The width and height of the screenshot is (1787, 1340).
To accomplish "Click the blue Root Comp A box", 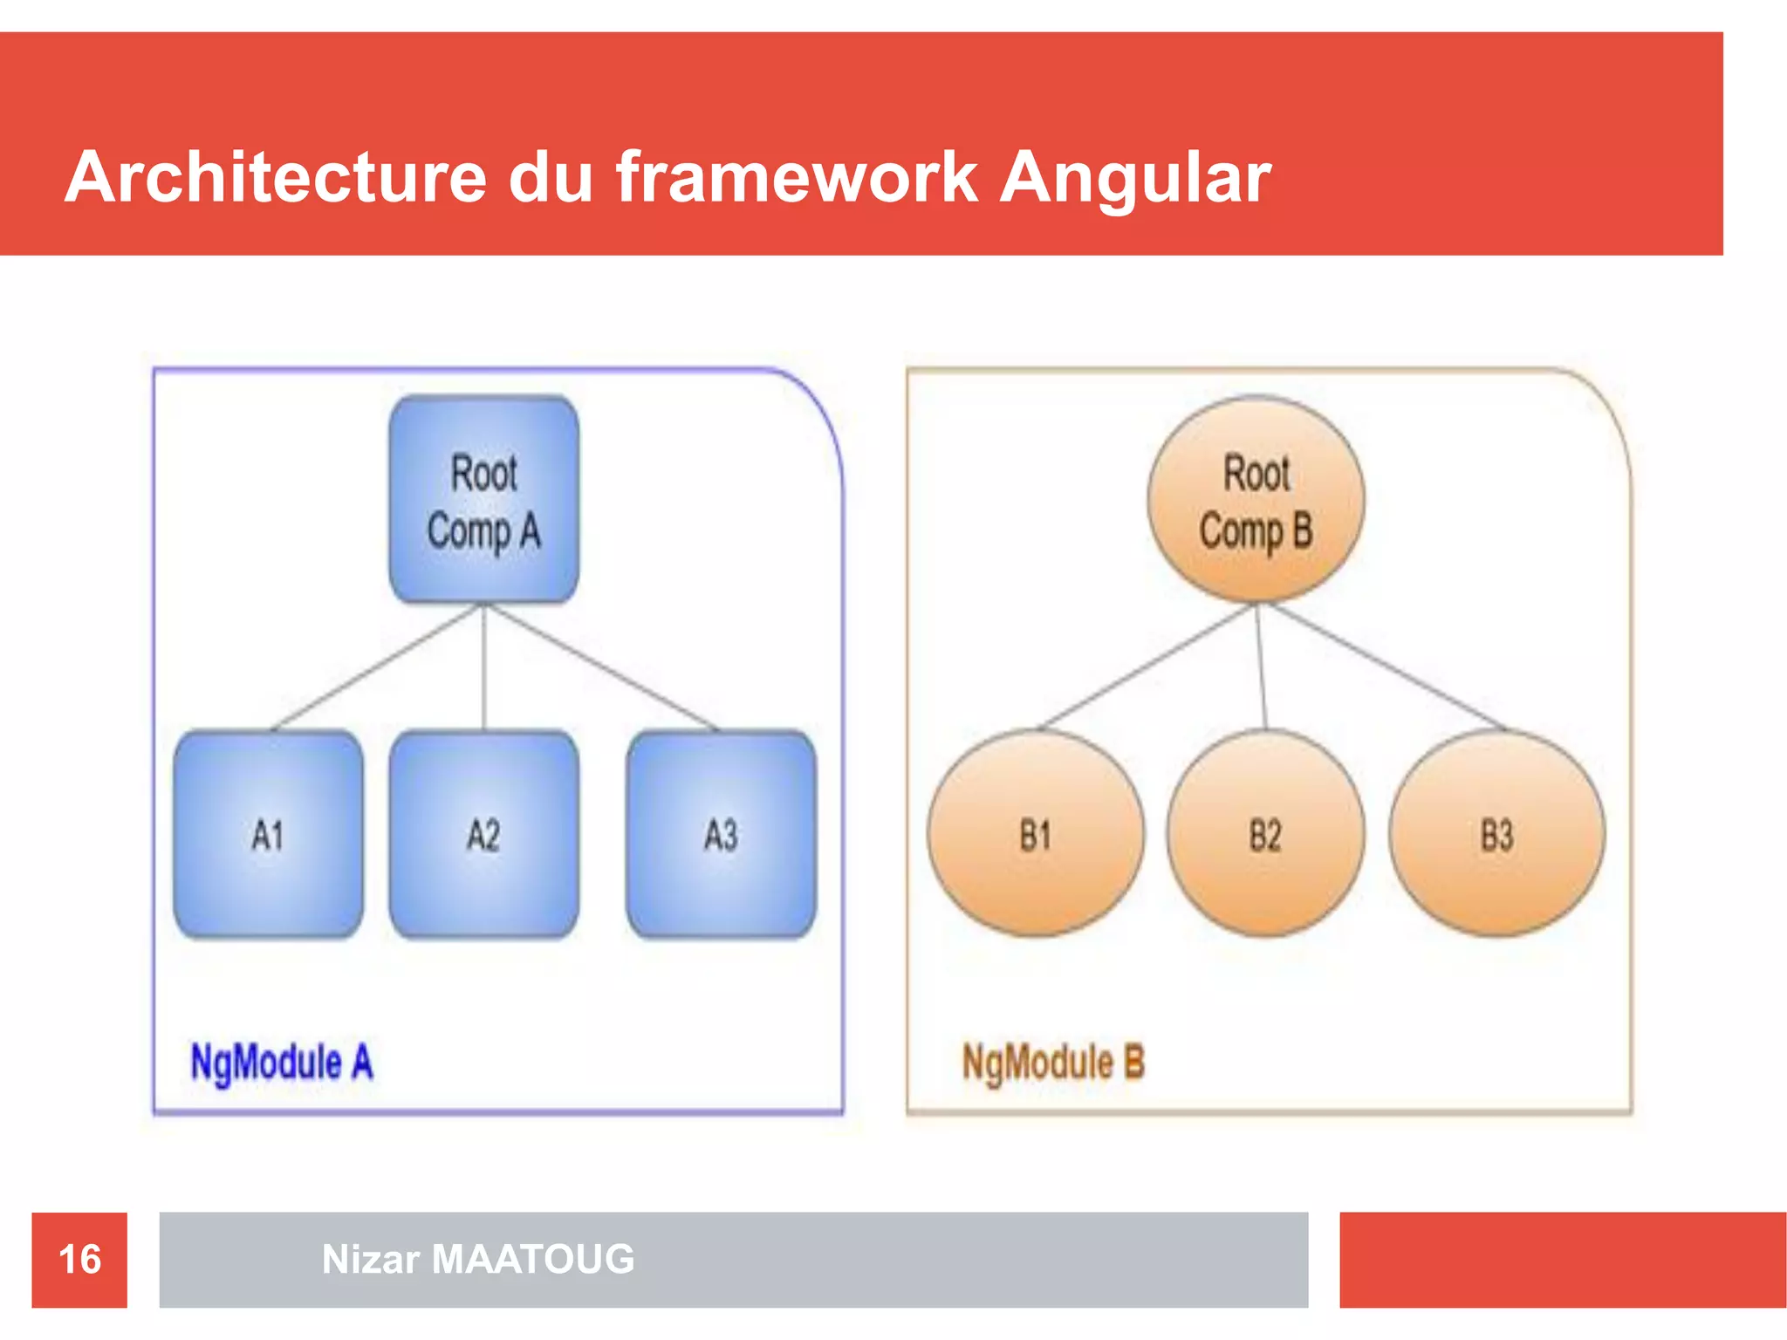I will pyautogui.click(x=483, y=500).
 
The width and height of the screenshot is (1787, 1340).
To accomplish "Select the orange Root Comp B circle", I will pyautogui.click(x=1256, y=500).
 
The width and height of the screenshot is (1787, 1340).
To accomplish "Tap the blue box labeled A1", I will pyautogui.click(x=268, y=835).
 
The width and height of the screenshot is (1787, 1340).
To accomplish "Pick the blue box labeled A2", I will pyautogui.click(x=483, y=835).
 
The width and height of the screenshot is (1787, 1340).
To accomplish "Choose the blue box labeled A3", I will pyautogui.click(x=721, y=835).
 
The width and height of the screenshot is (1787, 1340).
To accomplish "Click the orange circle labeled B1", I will pyautogui.click(x=1035, y=835).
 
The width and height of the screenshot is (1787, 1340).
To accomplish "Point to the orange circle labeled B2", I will pyautogui.click(x=1265, y=835).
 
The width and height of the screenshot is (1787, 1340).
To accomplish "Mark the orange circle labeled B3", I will pyautogui.click(x=1496, y=835).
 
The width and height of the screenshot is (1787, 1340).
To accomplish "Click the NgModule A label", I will pyautogui.click(x=281, y=1063).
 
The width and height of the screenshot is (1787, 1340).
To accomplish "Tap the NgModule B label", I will pyautogui.click(x=1052, y=1063).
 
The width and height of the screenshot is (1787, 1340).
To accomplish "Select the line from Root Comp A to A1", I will pyautogui.click(x=377, y=667).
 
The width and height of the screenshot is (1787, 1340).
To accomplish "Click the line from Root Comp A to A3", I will pyautogui.click(x=602, y=667).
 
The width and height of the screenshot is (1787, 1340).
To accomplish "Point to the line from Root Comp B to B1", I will pyautogui.click(x=1147, y=667).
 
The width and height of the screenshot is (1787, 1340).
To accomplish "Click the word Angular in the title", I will pyautogui.click(x=1134, y=178).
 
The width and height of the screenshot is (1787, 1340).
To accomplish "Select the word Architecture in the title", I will pyautogui.click(x=275, y=178).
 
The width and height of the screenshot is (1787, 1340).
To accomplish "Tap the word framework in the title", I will pyautogui.click(x=797, y=178).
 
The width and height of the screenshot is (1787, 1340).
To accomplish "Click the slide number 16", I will pyautogui.click(x=79, y=1260).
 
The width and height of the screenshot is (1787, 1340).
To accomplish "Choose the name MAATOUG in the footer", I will pyautogui.click(x=533, y=1260).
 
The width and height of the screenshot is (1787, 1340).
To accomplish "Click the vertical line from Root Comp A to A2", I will pyautogui.click(x=483, y=667).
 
